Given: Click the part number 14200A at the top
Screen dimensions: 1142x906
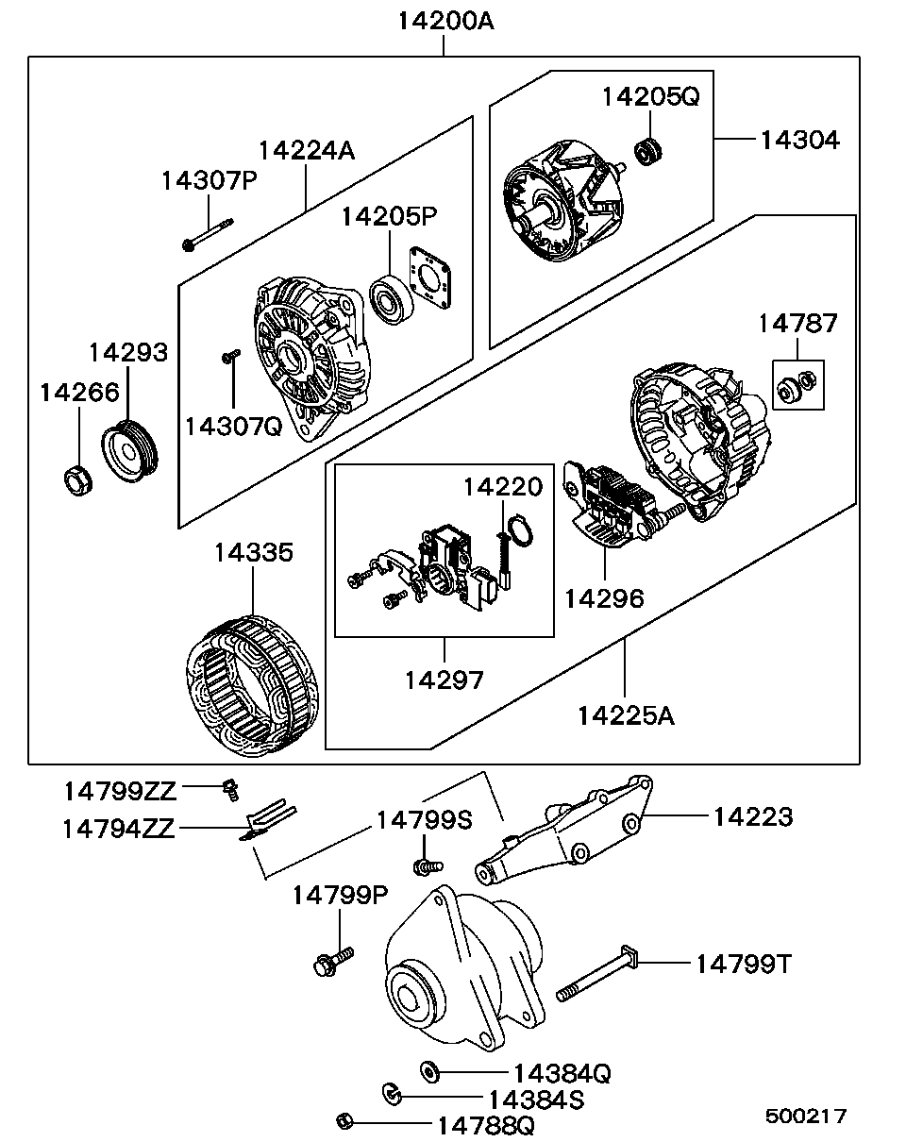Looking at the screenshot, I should click(444, 21).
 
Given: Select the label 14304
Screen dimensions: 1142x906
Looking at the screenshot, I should click(798, 140).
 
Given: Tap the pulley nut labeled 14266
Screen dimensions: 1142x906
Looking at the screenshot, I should click(75, 480).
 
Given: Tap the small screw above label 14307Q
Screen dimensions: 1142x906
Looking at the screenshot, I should click(229, 356).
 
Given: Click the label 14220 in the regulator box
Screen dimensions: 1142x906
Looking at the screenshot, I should click(502, 487).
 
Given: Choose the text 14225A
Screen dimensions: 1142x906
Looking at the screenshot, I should click(626, 715).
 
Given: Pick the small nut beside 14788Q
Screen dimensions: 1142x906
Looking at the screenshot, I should click(344, 1121).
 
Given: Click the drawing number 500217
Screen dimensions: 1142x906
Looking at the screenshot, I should click(805, 1117).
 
